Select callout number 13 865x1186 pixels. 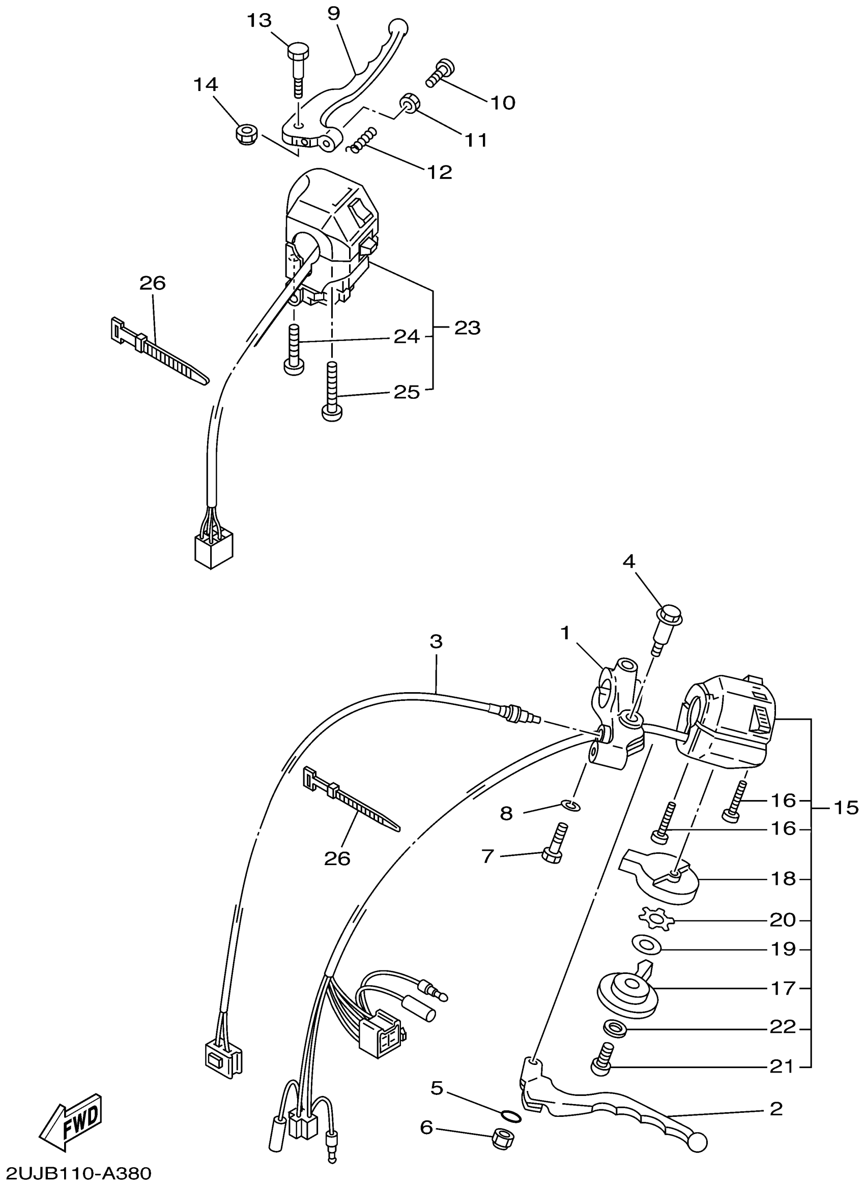[x=259, y=21]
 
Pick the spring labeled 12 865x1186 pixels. [x=362, y=140]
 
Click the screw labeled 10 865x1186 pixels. [x=440, y=74]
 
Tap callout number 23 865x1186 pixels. [x=467, y=328]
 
